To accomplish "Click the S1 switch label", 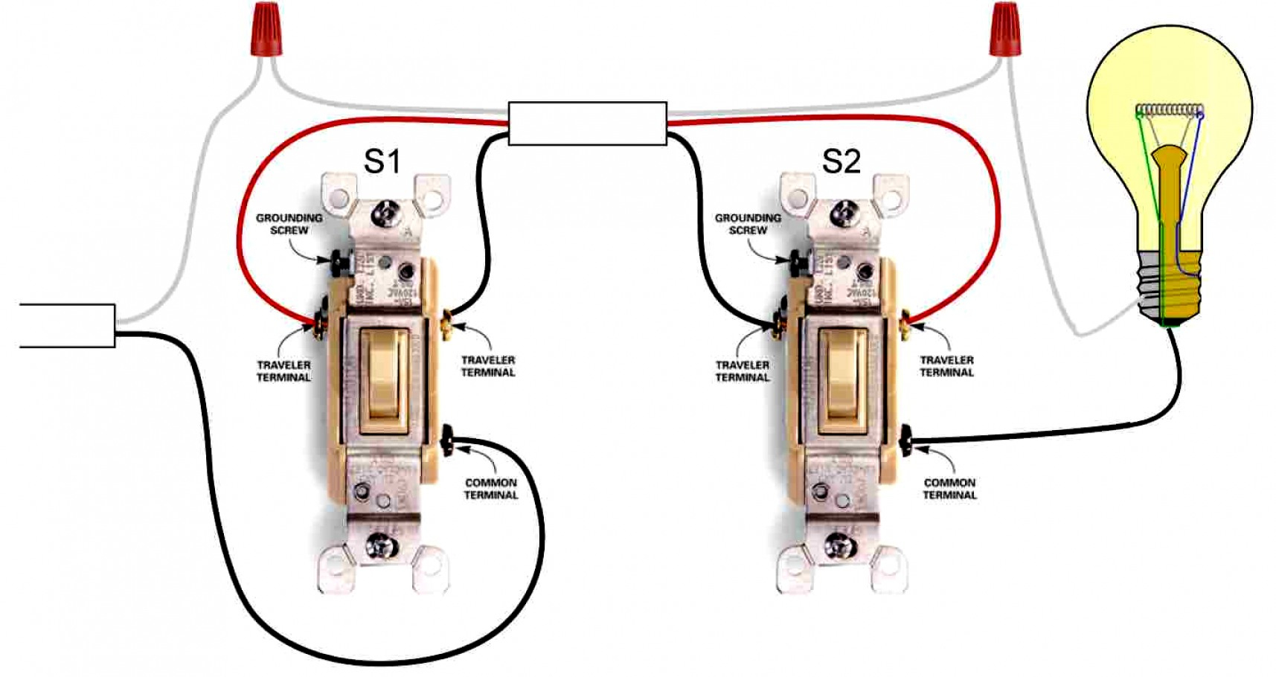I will pos(382,161).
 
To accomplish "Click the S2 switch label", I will pos(841,161).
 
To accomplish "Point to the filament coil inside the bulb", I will pos(1170,112).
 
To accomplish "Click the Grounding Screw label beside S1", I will pos(289,224).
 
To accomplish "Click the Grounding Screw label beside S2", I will pos(748,224).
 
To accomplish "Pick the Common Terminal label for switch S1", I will pos(490,489).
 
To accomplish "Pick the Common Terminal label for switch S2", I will pos(949,489).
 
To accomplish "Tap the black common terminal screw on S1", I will pos(449,441).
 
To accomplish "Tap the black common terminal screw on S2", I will pos(907,441).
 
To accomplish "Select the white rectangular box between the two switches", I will pos(587,123).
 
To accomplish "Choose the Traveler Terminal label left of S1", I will pos(283,371).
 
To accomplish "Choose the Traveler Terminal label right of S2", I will pos(946,366).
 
